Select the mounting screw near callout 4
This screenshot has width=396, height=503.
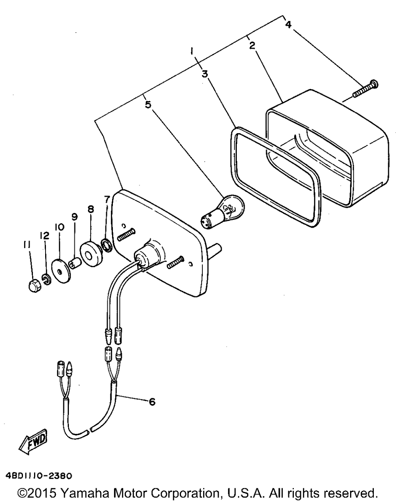pyautogui.click(x=365, y=89)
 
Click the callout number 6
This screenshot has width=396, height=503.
pyautogui.click(x=152, y=402)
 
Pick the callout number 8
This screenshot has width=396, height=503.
pyautogui.click(x=91, y=209)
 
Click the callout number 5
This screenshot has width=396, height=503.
pyautogui.click(x=148, y=104)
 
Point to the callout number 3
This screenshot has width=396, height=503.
pyautogui.click(x=205, y=74)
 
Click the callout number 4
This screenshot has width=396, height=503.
pyautogui.click(x=288, y=25)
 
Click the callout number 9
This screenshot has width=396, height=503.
pyautogui.click(x=74, y=217)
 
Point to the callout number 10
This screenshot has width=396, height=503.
pyautogui.click(x=59, y=227)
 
